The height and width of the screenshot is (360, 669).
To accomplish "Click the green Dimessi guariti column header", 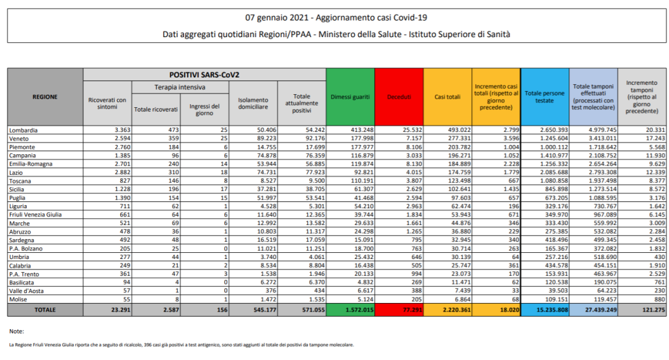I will tap(350, 97).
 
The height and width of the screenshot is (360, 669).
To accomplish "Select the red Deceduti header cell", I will tap(398, 97).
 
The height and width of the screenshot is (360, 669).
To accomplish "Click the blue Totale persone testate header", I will tap(544, 97).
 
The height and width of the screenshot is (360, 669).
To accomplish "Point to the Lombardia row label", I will tap(24, 130).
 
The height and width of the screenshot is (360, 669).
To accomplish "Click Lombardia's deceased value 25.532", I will tap(407, 130).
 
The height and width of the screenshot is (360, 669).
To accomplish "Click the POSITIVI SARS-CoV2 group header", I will tap(204, 74).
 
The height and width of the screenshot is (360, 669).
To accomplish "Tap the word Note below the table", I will tap(17, 330).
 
